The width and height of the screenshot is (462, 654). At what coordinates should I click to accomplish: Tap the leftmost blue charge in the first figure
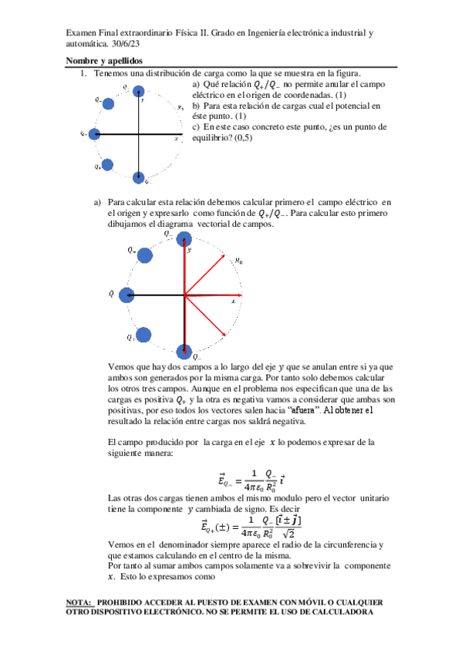(94, 134)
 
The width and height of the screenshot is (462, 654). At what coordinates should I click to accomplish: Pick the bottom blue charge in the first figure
(139, 176)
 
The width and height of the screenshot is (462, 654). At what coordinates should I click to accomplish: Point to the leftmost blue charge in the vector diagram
(126, 294)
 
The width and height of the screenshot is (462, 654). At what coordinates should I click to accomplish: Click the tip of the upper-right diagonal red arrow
(234, 255)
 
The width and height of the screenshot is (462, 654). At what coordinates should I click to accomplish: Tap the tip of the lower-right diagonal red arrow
(225, 335)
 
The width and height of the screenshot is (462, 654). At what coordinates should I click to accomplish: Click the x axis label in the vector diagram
(232, 302)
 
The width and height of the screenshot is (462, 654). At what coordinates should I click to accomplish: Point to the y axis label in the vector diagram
(190, 250)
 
